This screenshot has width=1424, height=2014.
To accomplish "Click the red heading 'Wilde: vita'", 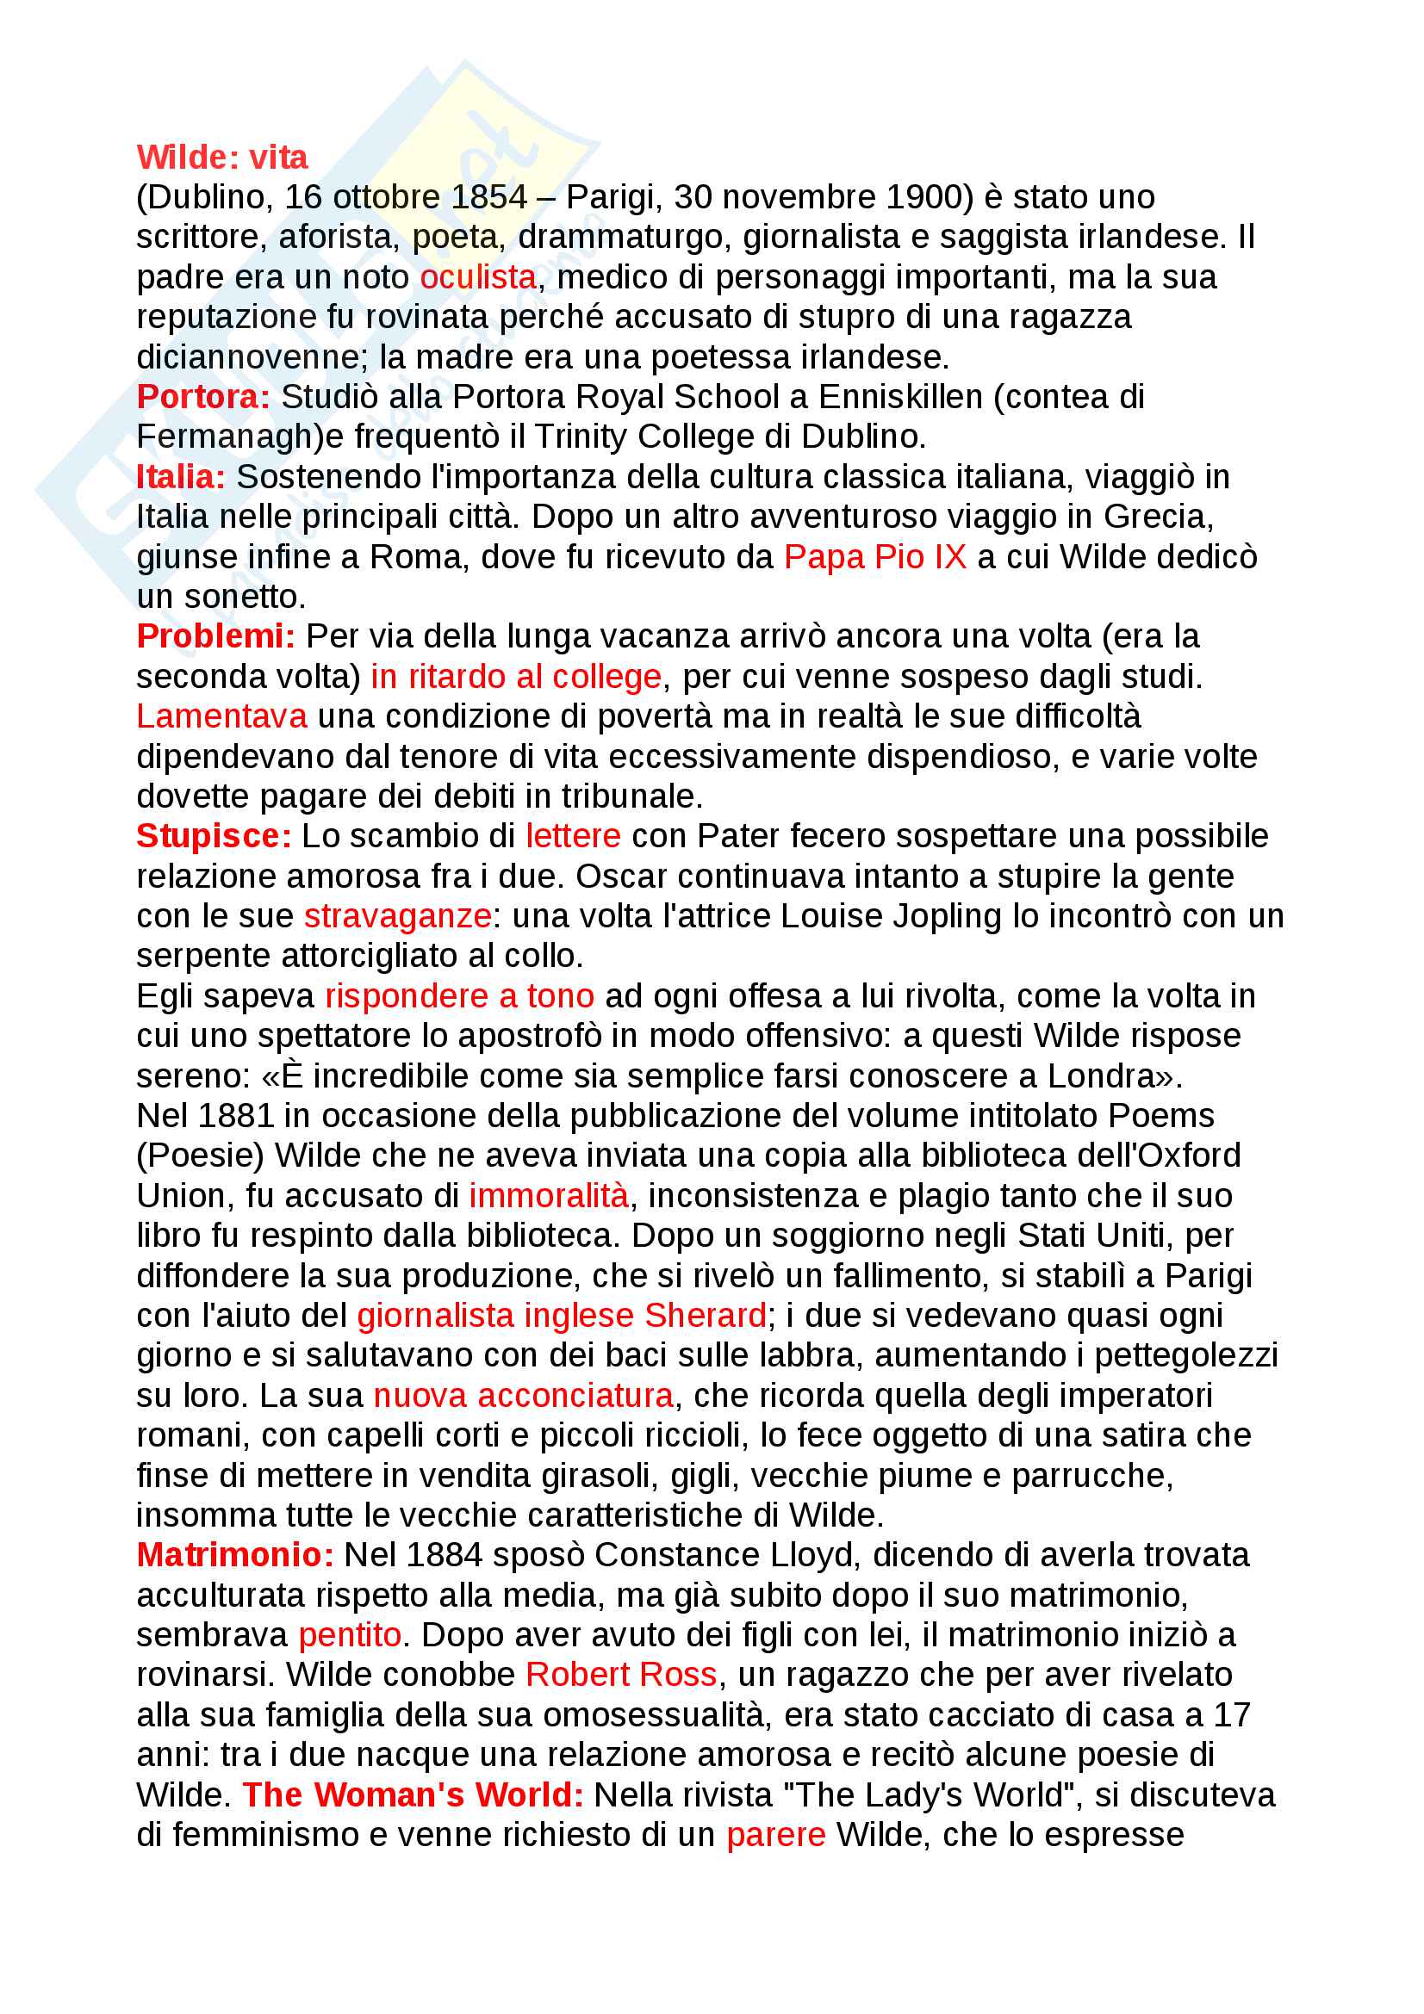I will pyautogui.click(x=222, y=157).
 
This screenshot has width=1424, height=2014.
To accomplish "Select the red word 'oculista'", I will pyautogui.click(x=477, y=277).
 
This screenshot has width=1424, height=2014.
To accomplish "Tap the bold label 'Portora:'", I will pyautogui.click(x=202, y=397).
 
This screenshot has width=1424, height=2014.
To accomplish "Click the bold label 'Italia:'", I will pyautogui.click(x=181, y=477).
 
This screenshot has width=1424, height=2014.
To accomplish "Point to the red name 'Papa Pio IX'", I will pyautogui.click(x=874, y=557).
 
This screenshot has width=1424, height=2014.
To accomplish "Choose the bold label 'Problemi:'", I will pyautogui.click(x=216, y=637).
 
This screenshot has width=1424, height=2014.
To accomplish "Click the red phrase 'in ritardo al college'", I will pyautogui.click(x=515, y=676).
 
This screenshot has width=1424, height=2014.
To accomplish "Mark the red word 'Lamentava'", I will pyautogui.click(x=221, y=716).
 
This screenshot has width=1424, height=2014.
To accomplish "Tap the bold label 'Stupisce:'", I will pyautogui.click(x=213, y=836).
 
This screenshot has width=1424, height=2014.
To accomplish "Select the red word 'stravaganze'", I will pyautogui.click(x=396, y=916).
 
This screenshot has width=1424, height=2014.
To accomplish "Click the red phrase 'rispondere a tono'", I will pyautogui.click(x=459, y=995).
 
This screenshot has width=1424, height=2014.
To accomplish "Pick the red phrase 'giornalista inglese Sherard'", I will pyautogui.click(x=562, y=1316).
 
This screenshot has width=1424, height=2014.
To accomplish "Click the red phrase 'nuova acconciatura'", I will pyautogui.click(x=523, y=1396).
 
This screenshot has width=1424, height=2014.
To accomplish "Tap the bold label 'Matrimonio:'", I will pyautogui.click(x=235, y=1555).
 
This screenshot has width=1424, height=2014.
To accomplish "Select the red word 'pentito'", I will pyautogui.click(x=349, y=1635).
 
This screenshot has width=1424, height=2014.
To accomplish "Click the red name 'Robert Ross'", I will pyautogui.click(x=621, y=1675).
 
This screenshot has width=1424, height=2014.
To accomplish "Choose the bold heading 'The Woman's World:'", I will pyautogui.click(x=413, y=1794).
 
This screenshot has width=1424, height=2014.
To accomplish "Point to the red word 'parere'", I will pyautogui.click(x=775, y=1835).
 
